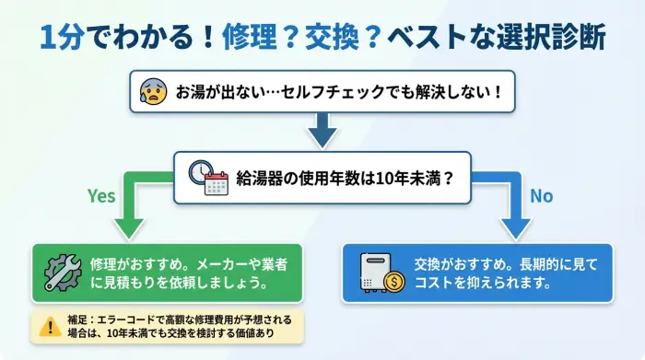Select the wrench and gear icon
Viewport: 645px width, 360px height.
tap(63, 272)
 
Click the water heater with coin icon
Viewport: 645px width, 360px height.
tap(382, 273)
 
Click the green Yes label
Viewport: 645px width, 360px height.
tap(101, 196)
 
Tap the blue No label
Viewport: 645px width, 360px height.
tap(541, 196)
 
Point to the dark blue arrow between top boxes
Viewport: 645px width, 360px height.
tap(322, 131)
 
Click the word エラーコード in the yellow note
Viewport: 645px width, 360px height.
tap(124, 318)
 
